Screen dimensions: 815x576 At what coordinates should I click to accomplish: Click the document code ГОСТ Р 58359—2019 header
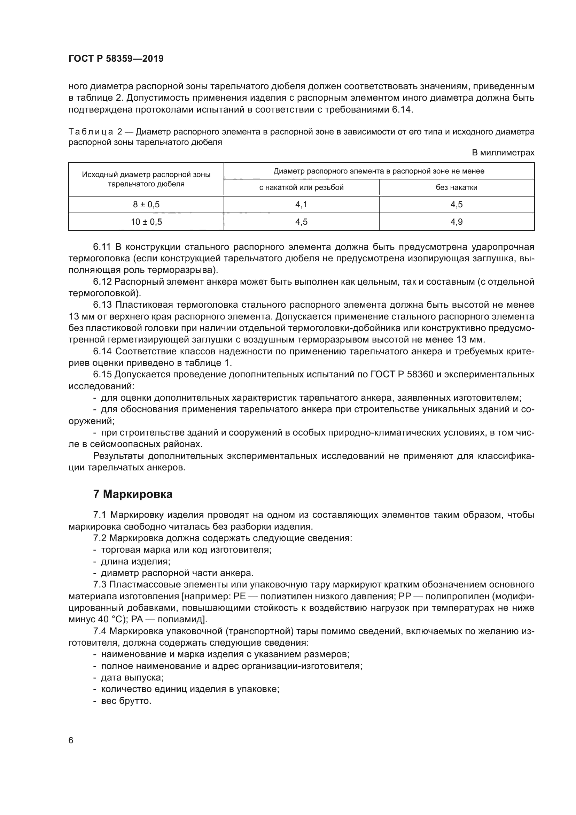coord(116,59)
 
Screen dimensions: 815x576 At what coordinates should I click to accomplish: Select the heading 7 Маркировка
coord(133,494)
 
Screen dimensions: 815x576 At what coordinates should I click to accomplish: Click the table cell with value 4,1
coord(301,205)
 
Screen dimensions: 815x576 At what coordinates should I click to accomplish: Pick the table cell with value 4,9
coord(457,222)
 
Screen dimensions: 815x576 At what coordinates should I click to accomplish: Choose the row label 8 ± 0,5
coord(146,205)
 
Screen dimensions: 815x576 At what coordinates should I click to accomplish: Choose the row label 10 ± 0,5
coord(146,222)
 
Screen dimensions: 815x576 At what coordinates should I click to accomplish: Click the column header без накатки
coord(457,187)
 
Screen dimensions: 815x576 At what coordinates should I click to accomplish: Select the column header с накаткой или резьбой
coord(301,187)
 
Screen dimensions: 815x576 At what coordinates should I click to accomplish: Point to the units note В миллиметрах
coord(503,153)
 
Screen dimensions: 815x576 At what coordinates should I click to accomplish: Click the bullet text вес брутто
coord(126,701)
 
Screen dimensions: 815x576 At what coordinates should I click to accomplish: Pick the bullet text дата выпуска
coord(132,678)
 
